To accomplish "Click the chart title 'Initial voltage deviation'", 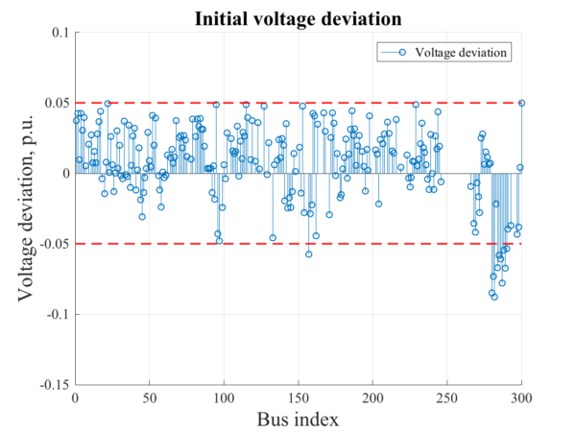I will tap(298, 18).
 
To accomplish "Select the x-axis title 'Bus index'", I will tap(298, 419).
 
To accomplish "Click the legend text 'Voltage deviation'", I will tap(462, 51).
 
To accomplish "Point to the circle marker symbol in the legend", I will tap(402, 51).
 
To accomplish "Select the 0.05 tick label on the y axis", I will tap(56, 103).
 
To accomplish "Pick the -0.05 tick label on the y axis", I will tap(54, 244).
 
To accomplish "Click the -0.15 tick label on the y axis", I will tap(54, 384).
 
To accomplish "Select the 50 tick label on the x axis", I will tap(150, 397).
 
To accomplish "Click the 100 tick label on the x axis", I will tap(224, 397).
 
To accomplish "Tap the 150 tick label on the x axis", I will tap(299, 397).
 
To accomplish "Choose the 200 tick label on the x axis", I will tap(372, 397).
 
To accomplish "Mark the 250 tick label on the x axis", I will tap(447, 397).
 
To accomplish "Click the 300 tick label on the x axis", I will tap(521, 397).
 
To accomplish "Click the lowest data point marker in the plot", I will tap(494, 297).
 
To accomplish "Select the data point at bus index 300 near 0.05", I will tap(521, 103).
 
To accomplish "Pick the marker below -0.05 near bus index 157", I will tap(308, 253).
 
